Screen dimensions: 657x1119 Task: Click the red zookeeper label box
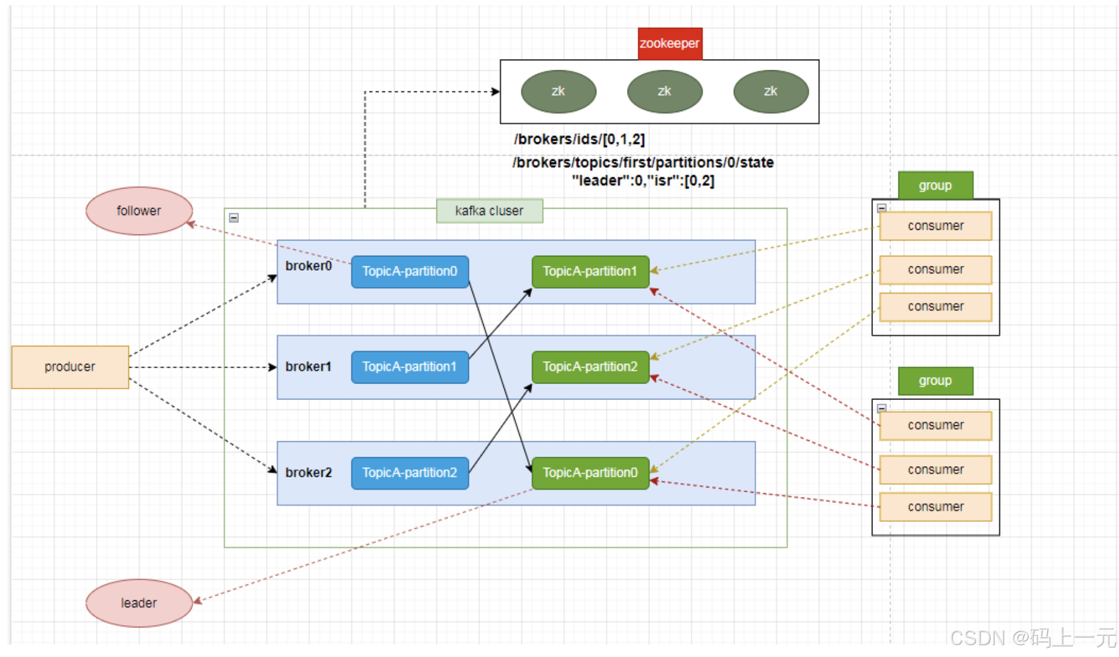[x=670, y=44]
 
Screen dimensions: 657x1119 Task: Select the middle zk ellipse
[x=664, y=92]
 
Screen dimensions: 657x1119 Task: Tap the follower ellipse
[x=139, y=211]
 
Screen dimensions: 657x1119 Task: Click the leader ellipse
[x=139, y=603]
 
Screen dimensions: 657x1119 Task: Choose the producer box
[x=70, y=367]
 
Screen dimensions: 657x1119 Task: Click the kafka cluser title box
[x=489, y=211]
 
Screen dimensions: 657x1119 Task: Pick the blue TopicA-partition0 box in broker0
[x=410, y=272]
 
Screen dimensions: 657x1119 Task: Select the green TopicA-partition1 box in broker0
[x=590, y=272]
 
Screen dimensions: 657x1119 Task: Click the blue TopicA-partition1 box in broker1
[x=410, y=367]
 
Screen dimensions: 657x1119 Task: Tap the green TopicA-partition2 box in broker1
[x=590, y=367]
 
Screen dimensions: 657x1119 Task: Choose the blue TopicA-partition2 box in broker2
[x=410, y=473]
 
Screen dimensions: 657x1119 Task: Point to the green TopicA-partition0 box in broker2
[x=590, y=473]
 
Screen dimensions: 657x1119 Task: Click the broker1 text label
[x=308, y=367]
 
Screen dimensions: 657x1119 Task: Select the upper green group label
[x=935, y=186]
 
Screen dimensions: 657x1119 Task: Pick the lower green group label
[x=935, y=381]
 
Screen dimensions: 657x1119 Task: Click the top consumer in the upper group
[x=935, y=226]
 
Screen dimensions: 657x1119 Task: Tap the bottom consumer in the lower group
[x=935, y=507]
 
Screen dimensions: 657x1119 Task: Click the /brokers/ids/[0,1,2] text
[x=579, y=139]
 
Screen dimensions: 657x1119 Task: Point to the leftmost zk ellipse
[x=558, y=92]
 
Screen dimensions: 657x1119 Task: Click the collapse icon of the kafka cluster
[x=234, y=218]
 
